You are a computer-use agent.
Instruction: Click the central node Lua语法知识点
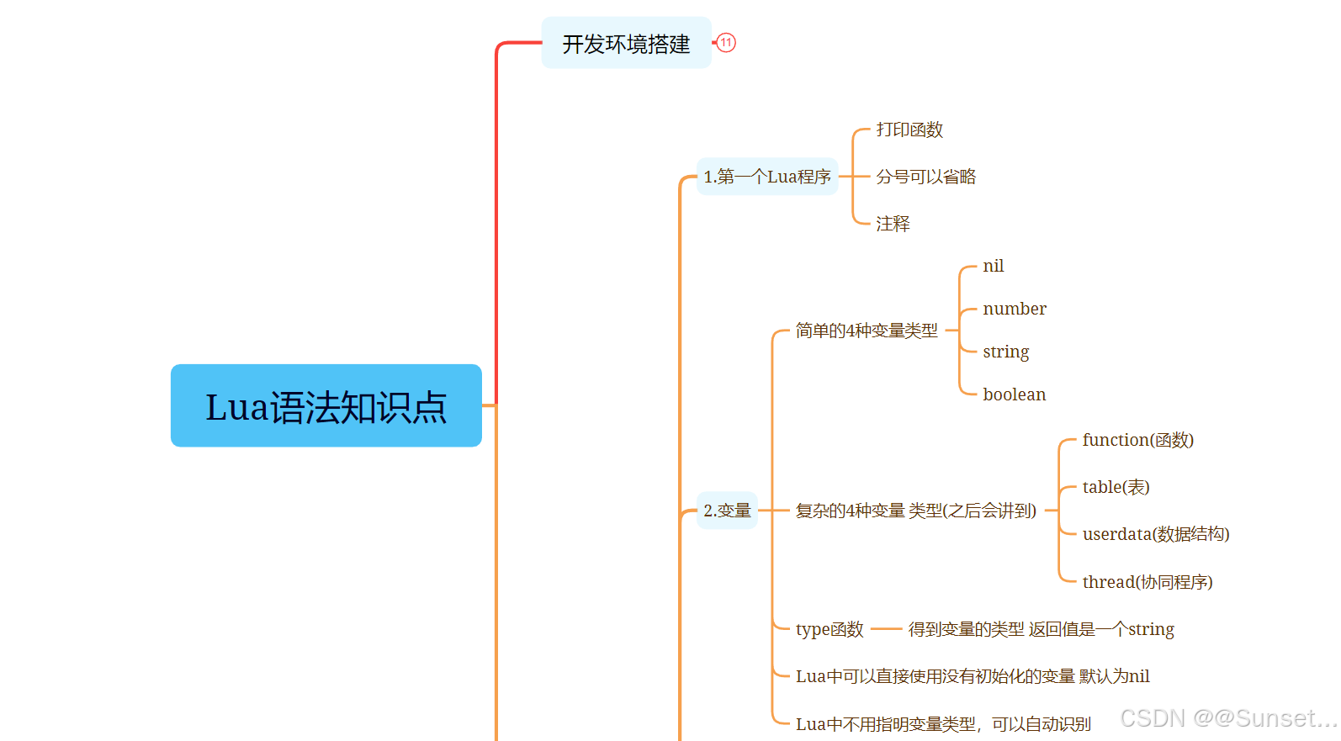(x=326, y=405)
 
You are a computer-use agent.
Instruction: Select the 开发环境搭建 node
(x=626, y=43)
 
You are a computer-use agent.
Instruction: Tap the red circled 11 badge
(x=726, y=43)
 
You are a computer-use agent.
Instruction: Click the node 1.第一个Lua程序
(x=767, y=177)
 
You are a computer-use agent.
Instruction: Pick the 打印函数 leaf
(x=909, y=130)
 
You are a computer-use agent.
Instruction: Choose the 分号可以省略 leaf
(x=925, y=177)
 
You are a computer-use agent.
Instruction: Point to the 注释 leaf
(x=893, y=224)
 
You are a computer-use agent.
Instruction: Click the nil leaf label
(x=993, y=266)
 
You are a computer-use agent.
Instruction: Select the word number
(x=1014, y=309)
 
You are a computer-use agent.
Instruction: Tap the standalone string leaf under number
(x=1005, y=352)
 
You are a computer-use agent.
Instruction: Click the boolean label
(x=1014, y=394)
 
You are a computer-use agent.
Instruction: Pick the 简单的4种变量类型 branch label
(x=866, y=331)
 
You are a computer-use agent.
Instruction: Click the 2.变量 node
(x=727, y=511)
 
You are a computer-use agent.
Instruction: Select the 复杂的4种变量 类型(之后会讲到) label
(x=915, y=511)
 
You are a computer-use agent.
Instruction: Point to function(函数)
(x=1137, y=440)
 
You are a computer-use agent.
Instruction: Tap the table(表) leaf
(x=1116, y=487)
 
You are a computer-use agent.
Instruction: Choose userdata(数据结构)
(x=1155, y=534)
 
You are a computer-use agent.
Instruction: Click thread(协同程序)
(x=1147, y=582)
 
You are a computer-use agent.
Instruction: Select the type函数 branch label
(x=829, y=629)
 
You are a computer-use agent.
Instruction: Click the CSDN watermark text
(x=1228, y=718)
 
